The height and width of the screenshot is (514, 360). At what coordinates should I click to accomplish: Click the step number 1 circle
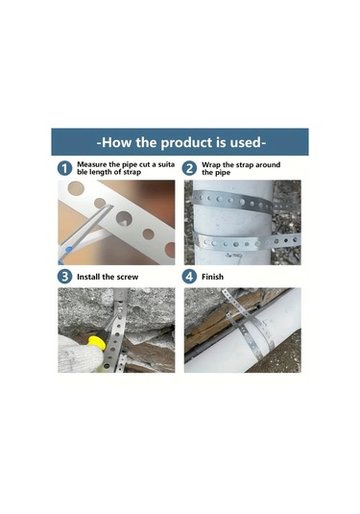(x=64, y=168)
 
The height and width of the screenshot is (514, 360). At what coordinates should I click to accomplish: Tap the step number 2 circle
(x=189, y=168)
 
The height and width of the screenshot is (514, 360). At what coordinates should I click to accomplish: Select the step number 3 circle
(x=64, y=277)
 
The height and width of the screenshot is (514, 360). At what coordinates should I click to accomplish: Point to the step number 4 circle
(x=189, y=277)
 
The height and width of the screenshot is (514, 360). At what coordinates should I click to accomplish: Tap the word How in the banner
(x=116, y=142)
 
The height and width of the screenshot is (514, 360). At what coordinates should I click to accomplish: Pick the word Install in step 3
(x=88, y=277)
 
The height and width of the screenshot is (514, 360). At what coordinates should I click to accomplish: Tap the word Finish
(x=212, y=277)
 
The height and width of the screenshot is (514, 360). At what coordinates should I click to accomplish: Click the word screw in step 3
(x=128, y=277)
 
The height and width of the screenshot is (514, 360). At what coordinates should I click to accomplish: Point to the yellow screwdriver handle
(x=96, y=343)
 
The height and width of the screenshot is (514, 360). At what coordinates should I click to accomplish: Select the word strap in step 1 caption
(x=132, y=172)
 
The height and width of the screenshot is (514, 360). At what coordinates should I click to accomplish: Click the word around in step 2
(x=268, y=164)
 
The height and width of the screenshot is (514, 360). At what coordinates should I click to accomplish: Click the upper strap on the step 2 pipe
(x=232, y=201)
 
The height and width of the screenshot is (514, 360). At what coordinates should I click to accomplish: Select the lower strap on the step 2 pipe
(x=246, y=241)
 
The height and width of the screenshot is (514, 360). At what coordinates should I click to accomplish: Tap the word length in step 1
(x=101, y=172)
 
